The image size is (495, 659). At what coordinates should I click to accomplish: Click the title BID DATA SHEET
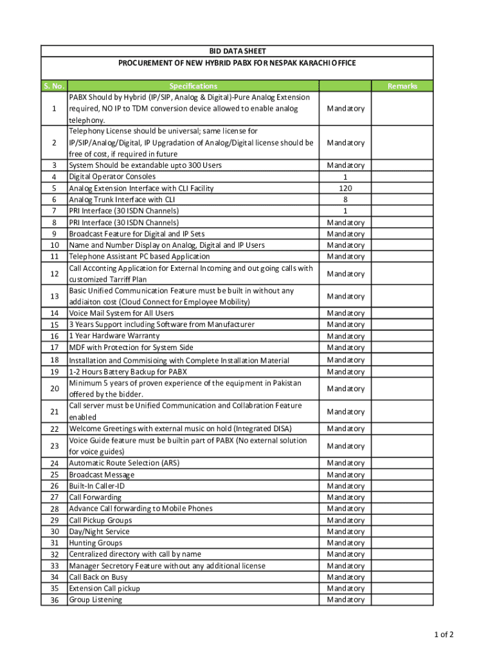click(237, 51)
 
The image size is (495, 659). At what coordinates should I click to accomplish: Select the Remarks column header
click(402, 86)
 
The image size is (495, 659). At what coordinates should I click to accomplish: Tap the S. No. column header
click(54, 86)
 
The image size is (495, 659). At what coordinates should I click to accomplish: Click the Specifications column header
click(193, 86)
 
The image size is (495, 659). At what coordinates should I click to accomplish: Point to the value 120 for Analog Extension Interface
click(345, 188)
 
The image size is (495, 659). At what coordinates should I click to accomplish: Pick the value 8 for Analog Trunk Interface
click(345, 200)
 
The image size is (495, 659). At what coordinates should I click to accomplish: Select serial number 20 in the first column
click(54, 389)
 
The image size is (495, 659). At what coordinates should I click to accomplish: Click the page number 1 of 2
click(444, 635)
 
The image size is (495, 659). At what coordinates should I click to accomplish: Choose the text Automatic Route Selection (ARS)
click(124, 463)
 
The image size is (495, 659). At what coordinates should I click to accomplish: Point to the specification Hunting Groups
click(95, 543)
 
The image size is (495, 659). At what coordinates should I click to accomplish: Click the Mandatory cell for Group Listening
click(345, 600)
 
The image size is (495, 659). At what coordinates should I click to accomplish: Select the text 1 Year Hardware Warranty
click(114, 336)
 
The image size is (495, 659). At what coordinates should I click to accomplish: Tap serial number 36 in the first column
click(54, 600)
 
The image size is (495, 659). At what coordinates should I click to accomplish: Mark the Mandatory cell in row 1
click(345, 108)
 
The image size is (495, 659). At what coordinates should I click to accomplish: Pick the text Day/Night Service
click(99, 532)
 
